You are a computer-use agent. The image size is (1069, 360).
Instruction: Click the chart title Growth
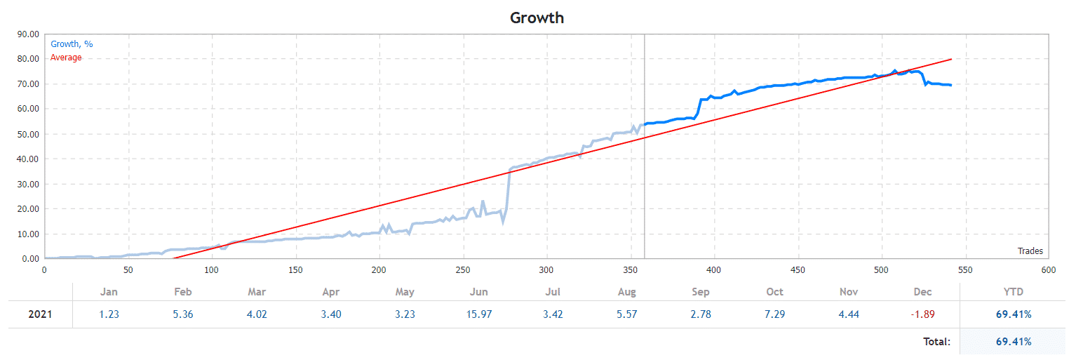click(x=537, y=18)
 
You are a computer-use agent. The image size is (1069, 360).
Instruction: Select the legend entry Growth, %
click(x=72, y=44)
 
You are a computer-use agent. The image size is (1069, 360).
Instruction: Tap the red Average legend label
click(x=66, y=58)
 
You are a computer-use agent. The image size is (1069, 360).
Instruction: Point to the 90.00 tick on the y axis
click(x=27, y=34)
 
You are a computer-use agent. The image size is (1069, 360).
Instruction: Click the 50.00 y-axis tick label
click(x=27, y=134)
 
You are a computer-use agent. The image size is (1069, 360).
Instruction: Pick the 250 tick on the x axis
click(x=464, y=269)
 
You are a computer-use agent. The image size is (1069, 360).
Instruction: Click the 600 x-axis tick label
click(x=1049, y=269)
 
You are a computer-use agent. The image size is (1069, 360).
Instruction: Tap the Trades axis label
click(x=1030, y=251)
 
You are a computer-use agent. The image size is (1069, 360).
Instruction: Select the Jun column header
click(x=479, y=292)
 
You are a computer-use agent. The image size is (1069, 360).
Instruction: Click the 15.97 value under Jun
click(x=479, y=314)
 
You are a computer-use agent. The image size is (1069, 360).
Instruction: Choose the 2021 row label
click(x=40, y=314)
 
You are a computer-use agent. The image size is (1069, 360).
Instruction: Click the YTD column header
click(x=1014, y=292)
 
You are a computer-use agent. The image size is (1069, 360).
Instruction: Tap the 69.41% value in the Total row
click(x=1014, y=342)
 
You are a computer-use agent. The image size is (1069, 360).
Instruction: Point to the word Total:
click(x=936, y=342)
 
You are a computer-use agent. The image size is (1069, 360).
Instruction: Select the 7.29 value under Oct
click(x=774, y=314)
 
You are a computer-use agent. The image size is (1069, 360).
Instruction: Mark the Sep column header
click(x=700, y=292)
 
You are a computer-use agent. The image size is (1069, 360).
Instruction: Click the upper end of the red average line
click(x=951, y=59)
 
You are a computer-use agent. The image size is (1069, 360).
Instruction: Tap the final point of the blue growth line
click(x=950, y=85)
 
